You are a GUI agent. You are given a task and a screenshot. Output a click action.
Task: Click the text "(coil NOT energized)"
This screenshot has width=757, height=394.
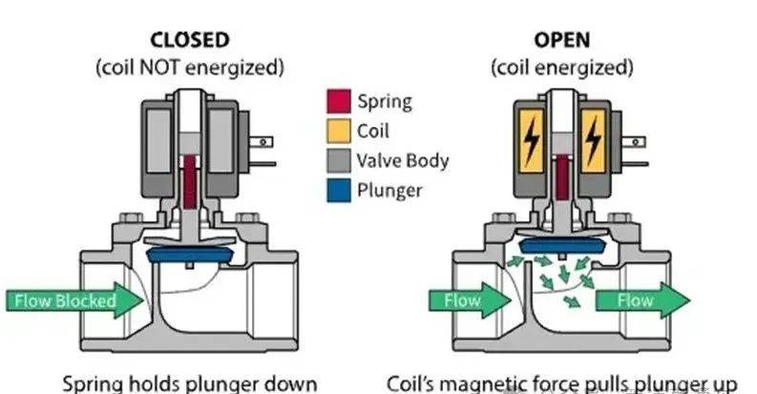[189, 69]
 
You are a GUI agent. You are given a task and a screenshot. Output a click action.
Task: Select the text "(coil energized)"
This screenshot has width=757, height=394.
[562, 69]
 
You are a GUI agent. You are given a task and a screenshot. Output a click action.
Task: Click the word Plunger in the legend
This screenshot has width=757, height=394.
[388, 189]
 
